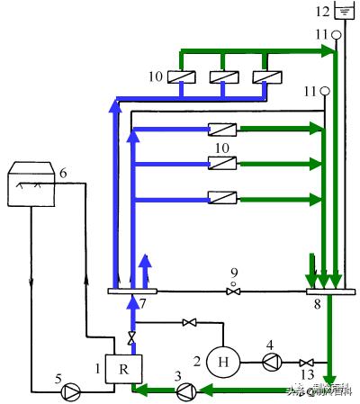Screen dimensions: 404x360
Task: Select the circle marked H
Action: [221, 363]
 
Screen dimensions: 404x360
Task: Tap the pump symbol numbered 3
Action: [186, 390]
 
